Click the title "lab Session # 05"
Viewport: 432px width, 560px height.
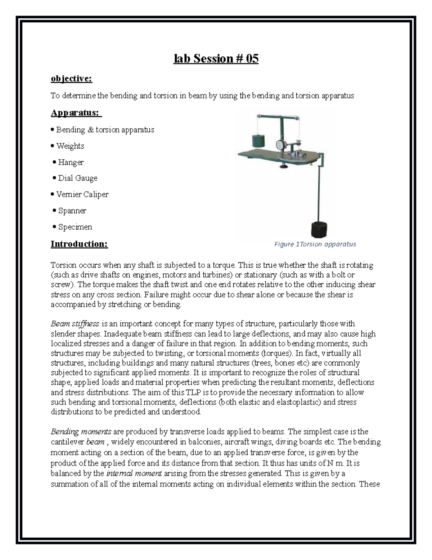pyautogui.click(x=216, y=59)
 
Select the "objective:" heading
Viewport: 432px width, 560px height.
pyautogui.click(x=71, y=79)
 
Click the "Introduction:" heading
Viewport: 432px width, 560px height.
pyautogui.click(x=79, y=244)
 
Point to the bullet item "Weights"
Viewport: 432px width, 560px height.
pyautogui.click(x=70, y=146)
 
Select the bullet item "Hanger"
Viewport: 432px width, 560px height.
pyautogui.click(x=71, y=163)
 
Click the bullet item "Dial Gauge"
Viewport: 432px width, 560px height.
pyautogui.click(x=77, y=178)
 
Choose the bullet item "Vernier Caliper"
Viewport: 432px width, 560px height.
pyautogui.click(x=82, y=194)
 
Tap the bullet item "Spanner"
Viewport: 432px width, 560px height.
pyautogui.click(x=72, y=211)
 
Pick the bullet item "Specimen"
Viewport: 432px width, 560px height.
pyautogui.click(x=75, y=227)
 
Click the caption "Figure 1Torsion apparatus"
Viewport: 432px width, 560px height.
pyautogui.click(x=315, y=244)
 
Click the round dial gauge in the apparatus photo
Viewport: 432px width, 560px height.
pyautogui.click(x=281, y=144)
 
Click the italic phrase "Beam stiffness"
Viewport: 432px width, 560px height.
pyautogui.click(x=75, y=324)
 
